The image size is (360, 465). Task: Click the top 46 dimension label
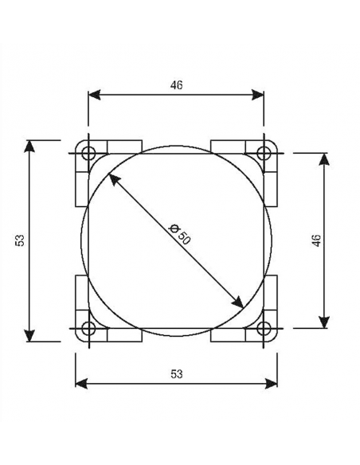pos(177,84)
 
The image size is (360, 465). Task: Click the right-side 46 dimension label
pos(315,240)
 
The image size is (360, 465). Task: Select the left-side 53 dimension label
pos(20,240)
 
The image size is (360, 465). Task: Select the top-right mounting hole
pos(264,152)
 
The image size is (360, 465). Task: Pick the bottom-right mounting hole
pos(264,327)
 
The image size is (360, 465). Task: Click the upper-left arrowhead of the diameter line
pos(114,180)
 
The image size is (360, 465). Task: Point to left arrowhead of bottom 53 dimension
pos(80,384)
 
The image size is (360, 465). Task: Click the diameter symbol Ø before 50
pos(175,229)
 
